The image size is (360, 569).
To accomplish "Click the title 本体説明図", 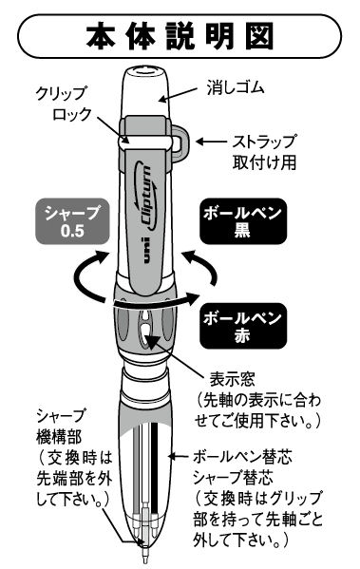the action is click(x=180, y=36).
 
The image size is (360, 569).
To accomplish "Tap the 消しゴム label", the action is click(x=236, y=88).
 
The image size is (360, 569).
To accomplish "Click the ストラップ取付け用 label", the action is click(x=264, y=152).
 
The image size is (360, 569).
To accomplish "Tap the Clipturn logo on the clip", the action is click(x=146, y=197).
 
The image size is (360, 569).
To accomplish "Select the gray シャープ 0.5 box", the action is click(x=72, y=221).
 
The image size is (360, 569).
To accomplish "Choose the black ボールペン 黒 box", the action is click(x=243, y=221).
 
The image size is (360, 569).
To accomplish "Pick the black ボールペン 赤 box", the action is click(x=243, y=326).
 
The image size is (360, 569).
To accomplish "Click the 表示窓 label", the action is click(x=233, y=379).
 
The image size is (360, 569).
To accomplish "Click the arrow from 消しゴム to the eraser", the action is click(x=180, y=93).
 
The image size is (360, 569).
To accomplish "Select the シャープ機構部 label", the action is click(x=62, y=427).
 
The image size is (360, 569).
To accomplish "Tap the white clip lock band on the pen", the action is click(x=143, y=142).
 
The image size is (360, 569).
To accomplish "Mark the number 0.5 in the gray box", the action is click(x=72, y=231).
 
